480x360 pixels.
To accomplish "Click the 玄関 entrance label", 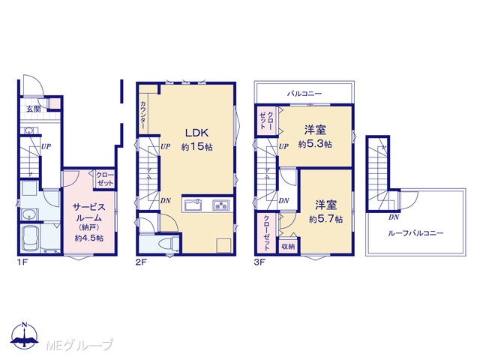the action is (x=33, y=109).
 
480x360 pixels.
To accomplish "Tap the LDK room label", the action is (x=196, y=133).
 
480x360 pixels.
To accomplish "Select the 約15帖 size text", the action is (x=196, y=147).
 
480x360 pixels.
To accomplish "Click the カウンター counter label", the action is (x=143, y=115).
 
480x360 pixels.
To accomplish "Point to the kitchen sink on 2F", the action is (x=192, y=205).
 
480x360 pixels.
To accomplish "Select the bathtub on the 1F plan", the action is (x=30, y=238).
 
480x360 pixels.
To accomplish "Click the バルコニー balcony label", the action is (x=304, y=93).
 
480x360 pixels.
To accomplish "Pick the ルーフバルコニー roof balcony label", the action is (x=415, y=233).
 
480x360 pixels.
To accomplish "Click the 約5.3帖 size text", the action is (x=315, y=144).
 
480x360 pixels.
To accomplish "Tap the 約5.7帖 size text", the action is (x=325, y=219).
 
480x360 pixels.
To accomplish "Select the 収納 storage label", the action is (x=288, y=246).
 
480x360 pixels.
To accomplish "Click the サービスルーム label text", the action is (x=88, y=213).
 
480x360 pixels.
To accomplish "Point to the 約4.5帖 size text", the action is (x=88, y=238).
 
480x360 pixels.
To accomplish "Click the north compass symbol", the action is (x=25, y=335).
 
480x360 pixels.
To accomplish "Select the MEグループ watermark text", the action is (x=80, y=345).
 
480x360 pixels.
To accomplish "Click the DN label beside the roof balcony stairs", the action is (x=394, y=217).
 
